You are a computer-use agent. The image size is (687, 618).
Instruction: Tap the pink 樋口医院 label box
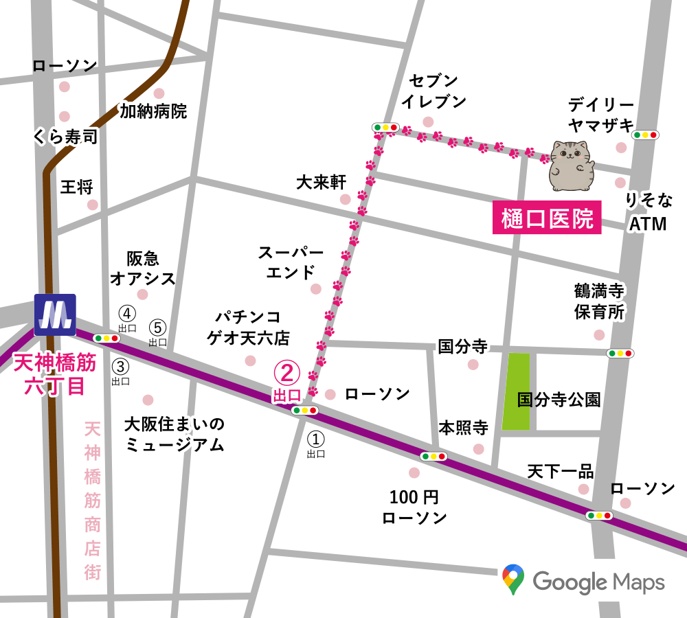(547, 220)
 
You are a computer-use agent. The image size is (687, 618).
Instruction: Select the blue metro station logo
(55, 315)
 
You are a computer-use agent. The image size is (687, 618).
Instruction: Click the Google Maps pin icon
(513, 580)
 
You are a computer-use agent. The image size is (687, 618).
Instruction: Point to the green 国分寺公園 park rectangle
(516, 391)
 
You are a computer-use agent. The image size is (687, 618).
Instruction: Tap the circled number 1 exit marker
(315, 437)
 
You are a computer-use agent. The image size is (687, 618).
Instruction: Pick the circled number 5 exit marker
(158, 327)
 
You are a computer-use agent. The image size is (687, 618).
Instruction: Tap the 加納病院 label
(153, 111)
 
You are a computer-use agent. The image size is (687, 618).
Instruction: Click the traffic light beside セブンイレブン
(385, 127)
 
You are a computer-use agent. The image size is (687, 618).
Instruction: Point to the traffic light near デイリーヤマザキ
(646, 135)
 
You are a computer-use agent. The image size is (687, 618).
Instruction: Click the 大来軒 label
(321, 182)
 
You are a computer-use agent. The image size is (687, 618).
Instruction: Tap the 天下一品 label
(560, 472)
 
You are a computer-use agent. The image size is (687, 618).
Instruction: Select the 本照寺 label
(464, 428)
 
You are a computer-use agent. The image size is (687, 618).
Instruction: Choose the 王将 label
(77, 187)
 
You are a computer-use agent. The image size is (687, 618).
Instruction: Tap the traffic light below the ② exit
(304, 411)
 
